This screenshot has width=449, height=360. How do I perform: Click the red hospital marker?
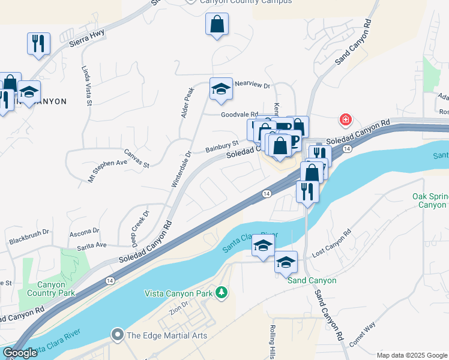pos(346,121)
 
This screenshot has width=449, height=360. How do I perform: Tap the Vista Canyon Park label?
pos(179,293)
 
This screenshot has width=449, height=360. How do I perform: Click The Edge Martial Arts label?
pos(166,335)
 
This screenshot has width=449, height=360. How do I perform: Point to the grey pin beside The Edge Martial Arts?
pos(117,335)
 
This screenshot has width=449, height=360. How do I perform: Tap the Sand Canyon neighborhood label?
pos(312,280)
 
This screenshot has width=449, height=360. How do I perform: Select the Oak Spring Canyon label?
pos(429,200)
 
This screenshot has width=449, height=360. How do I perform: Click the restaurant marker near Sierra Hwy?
pos(38,44)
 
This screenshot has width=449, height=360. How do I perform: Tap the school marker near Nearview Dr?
pos(221,89)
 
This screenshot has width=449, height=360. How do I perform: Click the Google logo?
pos(20,353)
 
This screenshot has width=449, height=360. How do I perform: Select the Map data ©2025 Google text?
pos(411,355)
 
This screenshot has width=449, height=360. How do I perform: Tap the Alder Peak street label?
pos(187,103)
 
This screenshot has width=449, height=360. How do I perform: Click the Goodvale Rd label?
pos(239,114)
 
